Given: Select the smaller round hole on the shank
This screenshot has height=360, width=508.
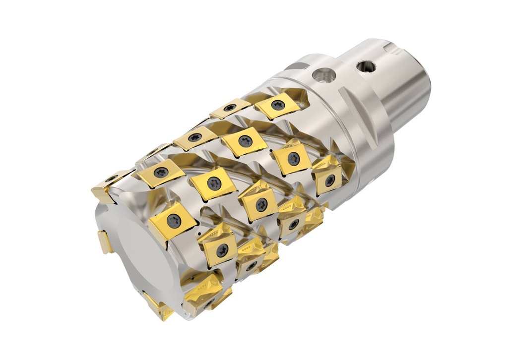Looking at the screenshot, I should pyautogui.click(x=366, y=65).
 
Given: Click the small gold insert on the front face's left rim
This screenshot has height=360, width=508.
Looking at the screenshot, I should pyautogui.click(x=106, y=242).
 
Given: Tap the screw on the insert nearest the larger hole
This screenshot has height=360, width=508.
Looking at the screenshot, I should pyautogui.click(x=278, y=105).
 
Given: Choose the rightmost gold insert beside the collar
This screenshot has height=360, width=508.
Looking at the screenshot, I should pyautogui.click(x=328, y=176).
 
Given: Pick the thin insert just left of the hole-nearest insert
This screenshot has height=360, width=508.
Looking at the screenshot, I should pyautogui.click(x=230, y=109).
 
